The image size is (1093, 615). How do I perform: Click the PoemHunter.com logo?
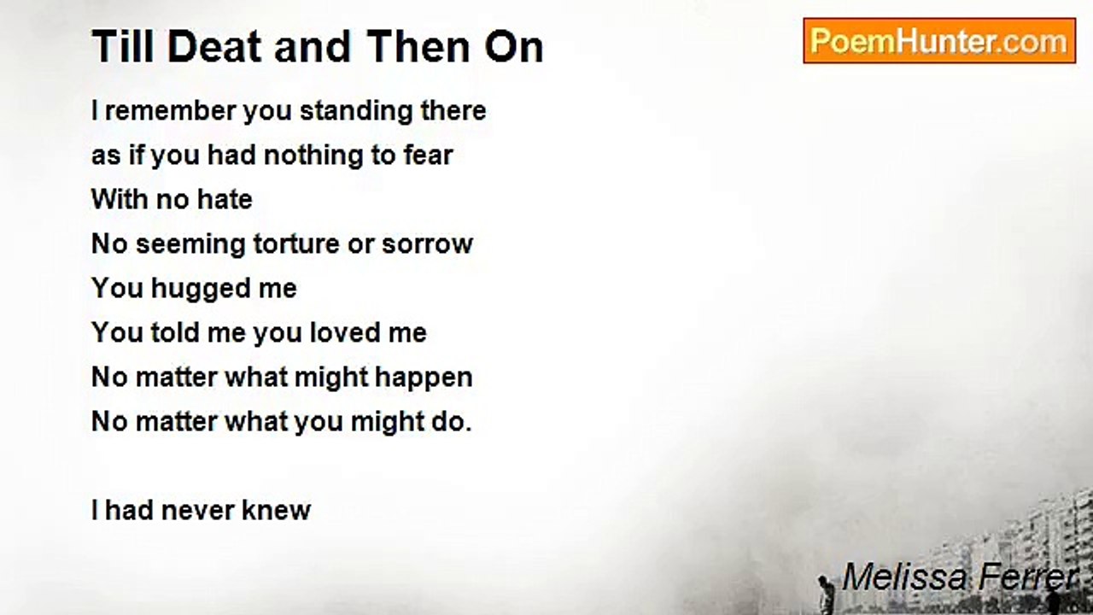(939, 41)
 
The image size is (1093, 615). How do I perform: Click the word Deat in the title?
(214, 47)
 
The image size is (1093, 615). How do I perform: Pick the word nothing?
(313, 155)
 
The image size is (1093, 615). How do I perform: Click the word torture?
(296, 244)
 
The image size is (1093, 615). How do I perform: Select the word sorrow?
(427, 244)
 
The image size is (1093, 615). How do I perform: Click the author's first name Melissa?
(904, 577)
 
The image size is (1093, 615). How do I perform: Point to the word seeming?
(190, 244)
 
